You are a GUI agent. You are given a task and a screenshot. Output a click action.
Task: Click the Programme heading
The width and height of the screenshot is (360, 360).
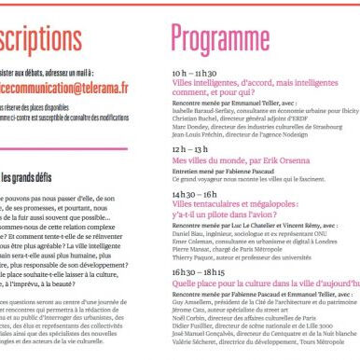pos(232,36)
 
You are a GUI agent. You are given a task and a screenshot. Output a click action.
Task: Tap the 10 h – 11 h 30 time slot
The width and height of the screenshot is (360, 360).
pos(196,72)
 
